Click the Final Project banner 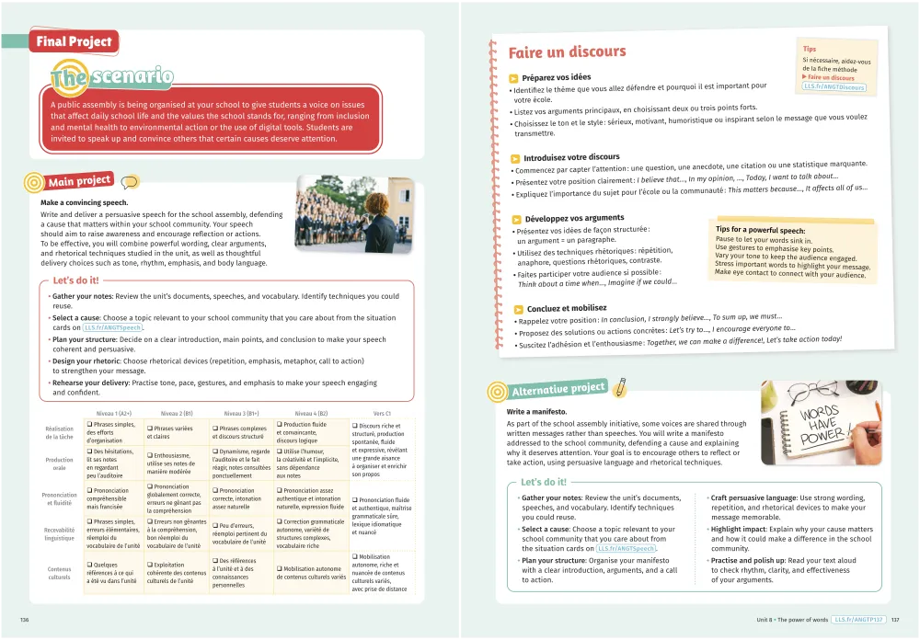coord(75,41)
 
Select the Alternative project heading coord(558,389)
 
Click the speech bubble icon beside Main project coord(130,182)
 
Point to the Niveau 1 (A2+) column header coord(115,413)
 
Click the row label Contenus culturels coord(60,573)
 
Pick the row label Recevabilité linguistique coord(60,533)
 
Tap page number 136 coord(25,620)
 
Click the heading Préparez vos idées coord(556,77)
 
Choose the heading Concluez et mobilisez coord(567,309)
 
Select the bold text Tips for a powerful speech coord(760,231)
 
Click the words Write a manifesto coord(537,411)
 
